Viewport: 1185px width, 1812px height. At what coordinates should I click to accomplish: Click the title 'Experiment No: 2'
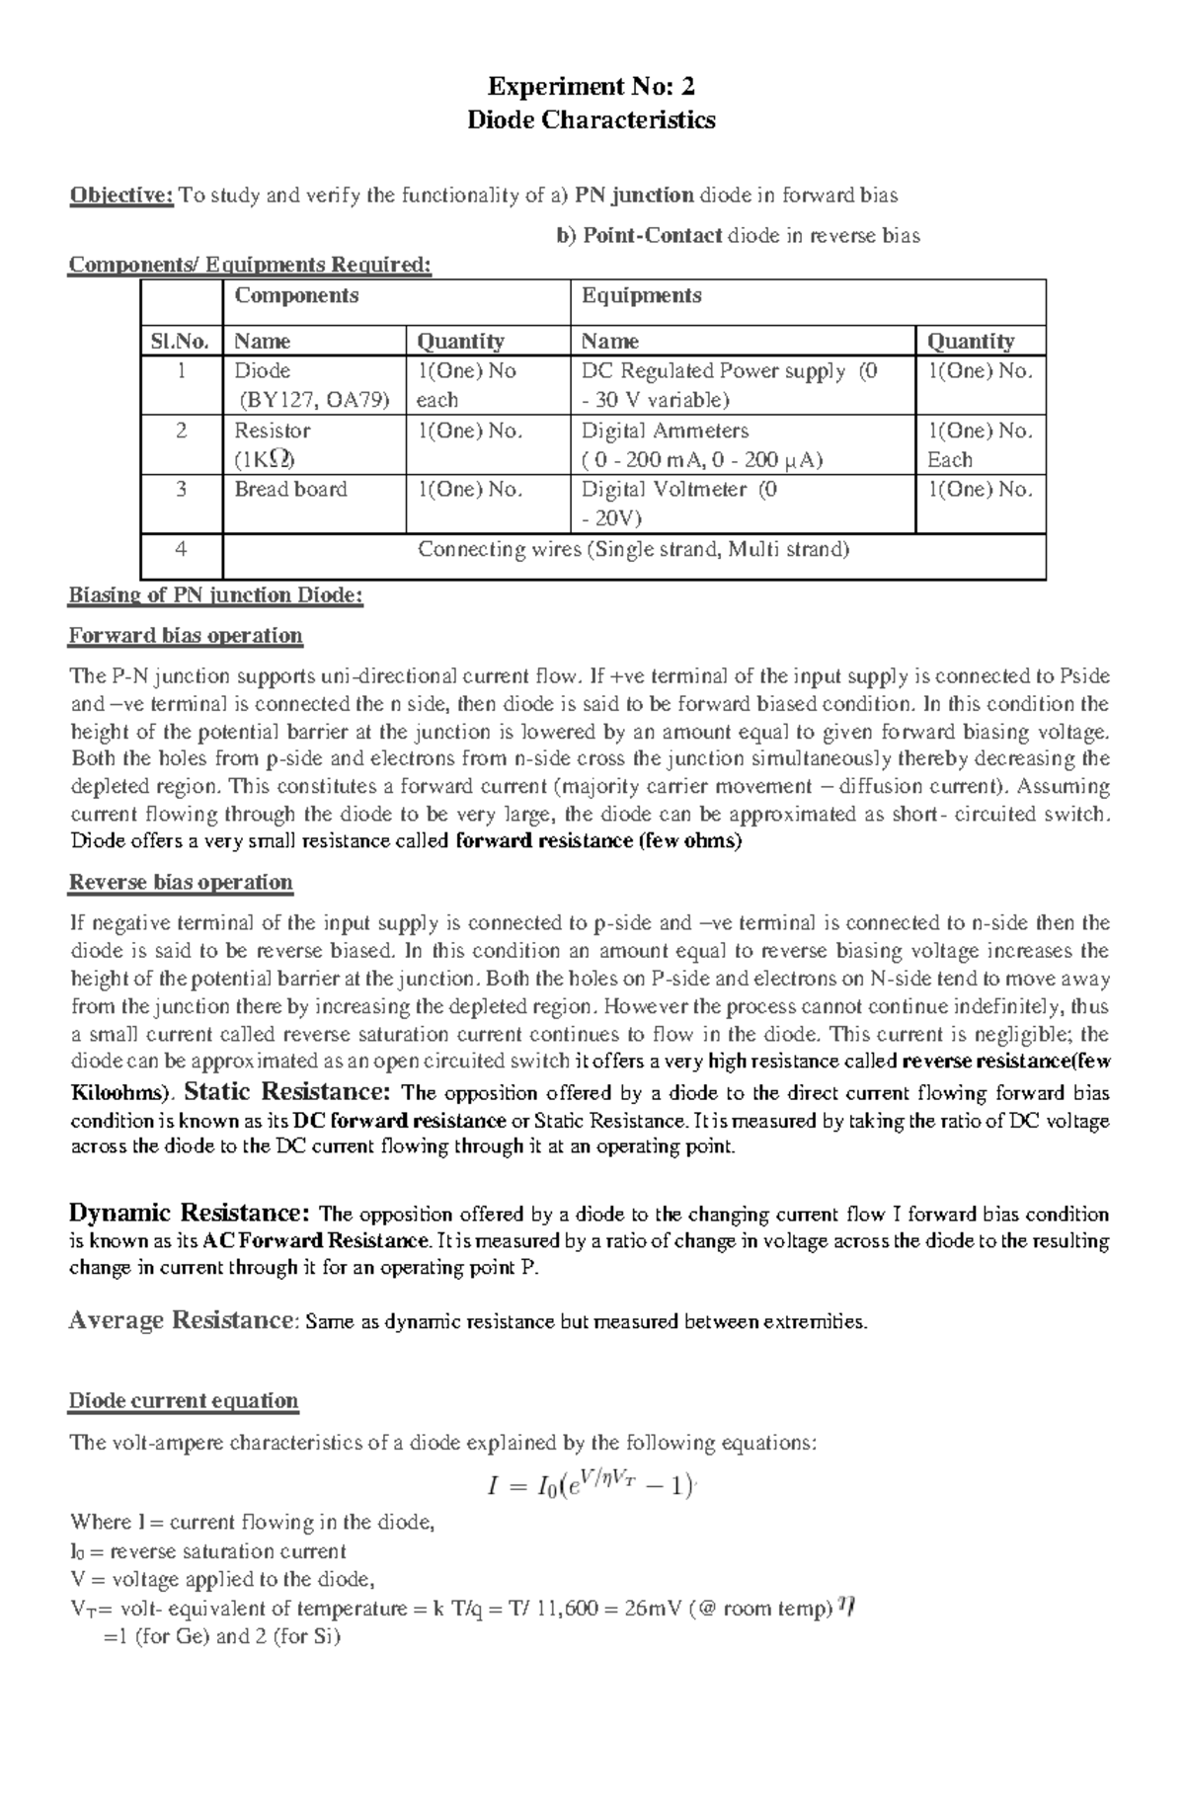pos(591,88)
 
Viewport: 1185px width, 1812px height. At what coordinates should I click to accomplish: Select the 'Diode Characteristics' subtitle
pos(591,120)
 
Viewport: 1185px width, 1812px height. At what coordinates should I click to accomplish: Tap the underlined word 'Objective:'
pos(120,196)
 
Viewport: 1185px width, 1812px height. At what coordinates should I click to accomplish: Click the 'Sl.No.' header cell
pos(181,342)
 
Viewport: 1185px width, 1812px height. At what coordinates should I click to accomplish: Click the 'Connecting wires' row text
pos(633,550)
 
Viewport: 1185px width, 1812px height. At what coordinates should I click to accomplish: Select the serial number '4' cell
pos(181,550)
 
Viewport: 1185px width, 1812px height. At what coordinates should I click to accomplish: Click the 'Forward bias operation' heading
pos(185,635)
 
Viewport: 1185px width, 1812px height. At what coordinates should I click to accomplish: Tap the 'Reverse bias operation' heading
pos(181,883)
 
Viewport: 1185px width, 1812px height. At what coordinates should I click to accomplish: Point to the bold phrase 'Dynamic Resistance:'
pos(190,1214)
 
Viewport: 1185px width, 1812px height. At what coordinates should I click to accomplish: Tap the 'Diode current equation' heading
pos(183,1401)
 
